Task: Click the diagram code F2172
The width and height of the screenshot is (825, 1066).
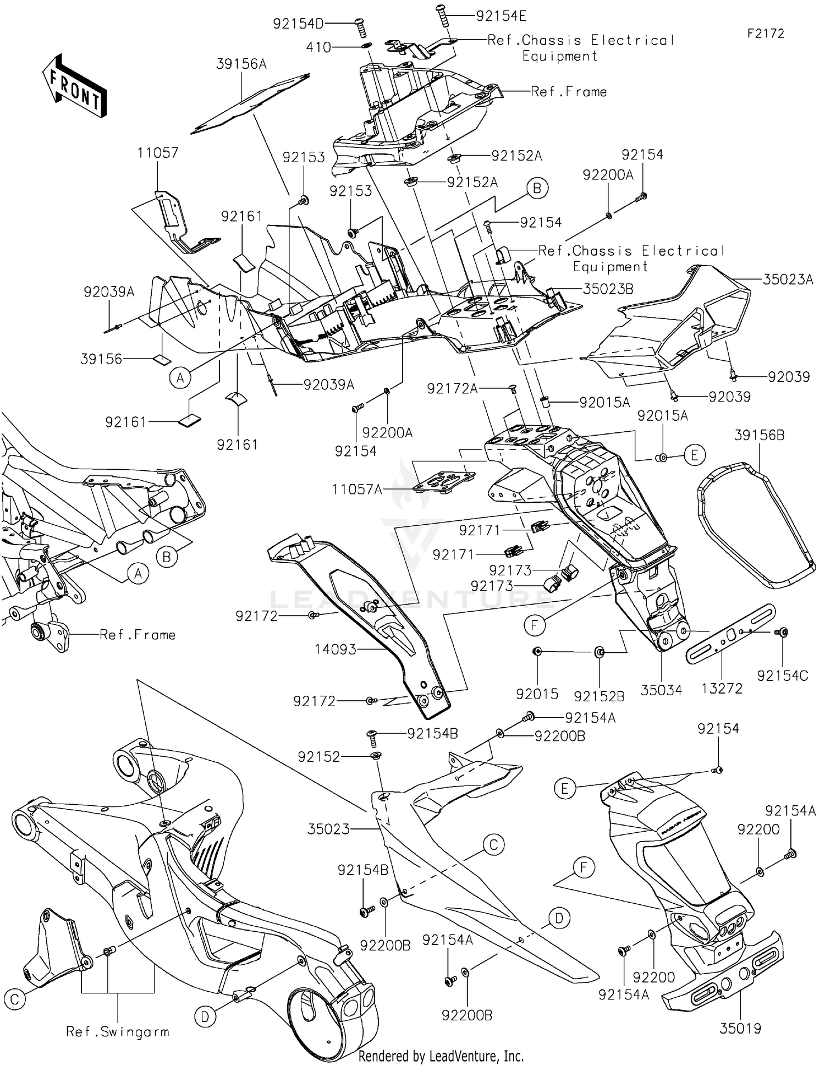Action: [x=765, y=34]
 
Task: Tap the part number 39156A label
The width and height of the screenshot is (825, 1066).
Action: [x=241, y=64]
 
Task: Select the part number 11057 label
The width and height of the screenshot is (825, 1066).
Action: [x=158, y=152]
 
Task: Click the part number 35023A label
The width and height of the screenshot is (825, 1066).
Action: [x=788, y=279]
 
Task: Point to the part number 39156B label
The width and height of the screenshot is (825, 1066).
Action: [x=759, y=435]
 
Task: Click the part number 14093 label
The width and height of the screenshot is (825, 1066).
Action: [x=335, y=650]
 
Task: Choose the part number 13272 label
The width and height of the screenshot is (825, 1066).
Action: [x=722, y=688]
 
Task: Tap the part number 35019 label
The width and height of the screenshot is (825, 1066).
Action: [x=740, y=1027]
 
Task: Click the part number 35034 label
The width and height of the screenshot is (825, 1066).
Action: [x=661, y=690]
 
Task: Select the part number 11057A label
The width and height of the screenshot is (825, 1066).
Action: [x=357, y=489]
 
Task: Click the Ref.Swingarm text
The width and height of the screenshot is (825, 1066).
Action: [x=118, y=1032]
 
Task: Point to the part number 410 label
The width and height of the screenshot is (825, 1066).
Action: [x=319, y=48]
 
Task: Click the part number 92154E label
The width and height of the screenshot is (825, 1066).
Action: [x=501, y=16]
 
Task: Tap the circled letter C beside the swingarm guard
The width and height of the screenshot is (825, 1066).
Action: [x=15, y=999]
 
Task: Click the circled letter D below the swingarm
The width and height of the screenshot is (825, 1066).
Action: [x=205, y=1017]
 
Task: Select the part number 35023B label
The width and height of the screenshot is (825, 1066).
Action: [x=608, y=289]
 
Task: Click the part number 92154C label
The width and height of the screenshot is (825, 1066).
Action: [x=782, y=675]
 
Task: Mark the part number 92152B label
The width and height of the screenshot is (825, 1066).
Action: [x=599, y=696]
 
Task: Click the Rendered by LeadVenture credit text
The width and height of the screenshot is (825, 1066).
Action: [x=441, y=1056]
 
